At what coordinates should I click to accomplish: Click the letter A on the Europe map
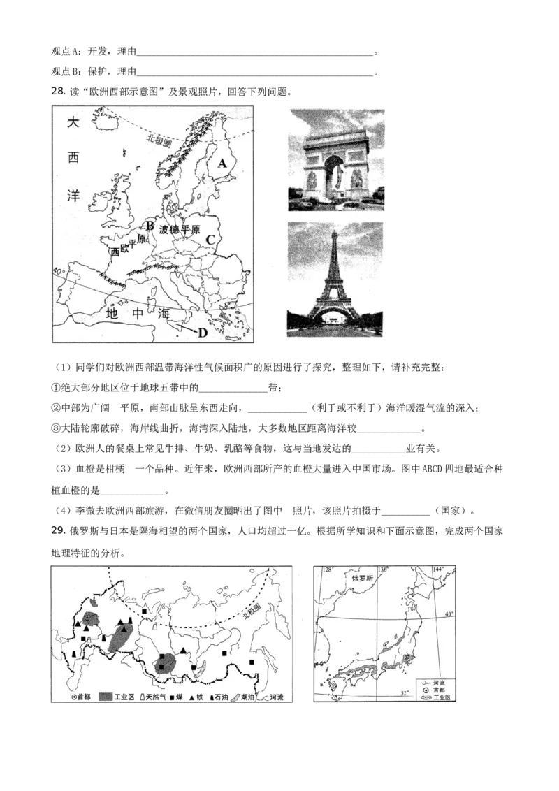click(222, 163)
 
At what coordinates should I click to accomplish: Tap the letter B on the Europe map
click(149, 225)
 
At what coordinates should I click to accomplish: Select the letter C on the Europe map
click(209, 240)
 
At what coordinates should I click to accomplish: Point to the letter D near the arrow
click(202, 333)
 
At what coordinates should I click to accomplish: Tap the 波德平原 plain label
click(180, 230)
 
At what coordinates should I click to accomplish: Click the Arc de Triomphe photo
click(336, 160)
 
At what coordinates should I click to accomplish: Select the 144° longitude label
click(439, 570)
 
